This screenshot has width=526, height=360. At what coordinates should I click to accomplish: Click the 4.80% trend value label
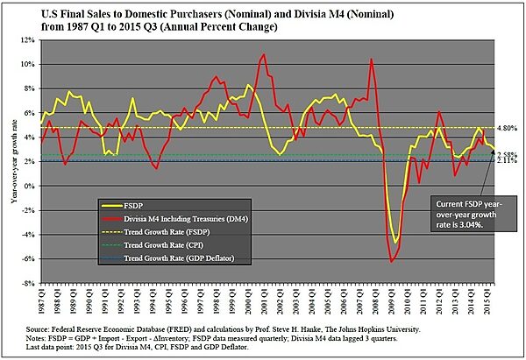[497, 128]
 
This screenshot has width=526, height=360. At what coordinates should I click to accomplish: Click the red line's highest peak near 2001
[264, 54]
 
